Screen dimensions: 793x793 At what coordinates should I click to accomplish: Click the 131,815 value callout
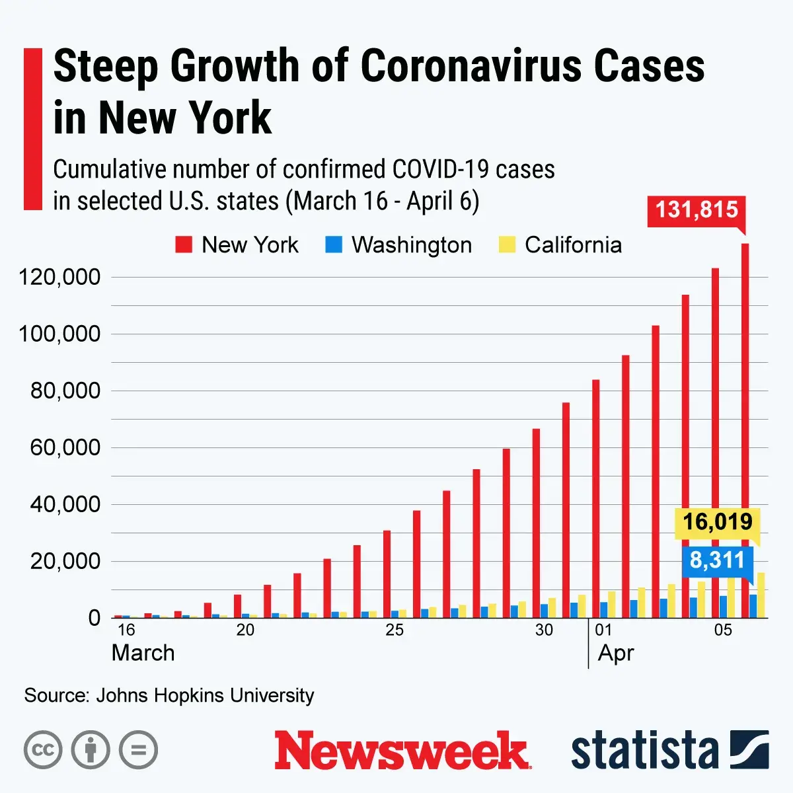[697, 210]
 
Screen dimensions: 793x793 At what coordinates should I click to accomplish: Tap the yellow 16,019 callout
[717, 522]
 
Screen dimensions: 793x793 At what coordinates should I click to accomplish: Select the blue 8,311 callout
[717, 560]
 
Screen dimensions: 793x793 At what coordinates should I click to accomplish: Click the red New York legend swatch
[183, 245]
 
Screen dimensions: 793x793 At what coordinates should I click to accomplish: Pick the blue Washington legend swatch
[334, 245]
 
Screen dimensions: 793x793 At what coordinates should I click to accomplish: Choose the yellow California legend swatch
[506, 245]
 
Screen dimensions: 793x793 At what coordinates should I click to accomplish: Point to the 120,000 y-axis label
[59, 277]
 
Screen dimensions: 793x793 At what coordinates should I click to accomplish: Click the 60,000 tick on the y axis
[65, 447]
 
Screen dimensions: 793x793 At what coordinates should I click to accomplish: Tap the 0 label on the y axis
[94, 618]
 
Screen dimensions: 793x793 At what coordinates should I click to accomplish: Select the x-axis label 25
[395, 630]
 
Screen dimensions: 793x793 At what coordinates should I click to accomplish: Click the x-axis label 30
[544, 630]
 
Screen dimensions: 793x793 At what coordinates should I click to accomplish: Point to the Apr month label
[616, 653]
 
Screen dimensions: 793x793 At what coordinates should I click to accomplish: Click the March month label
[143, 653]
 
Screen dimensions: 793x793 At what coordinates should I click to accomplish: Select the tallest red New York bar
[745, 430]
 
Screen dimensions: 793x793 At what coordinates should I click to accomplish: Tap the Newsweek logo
[402, 751]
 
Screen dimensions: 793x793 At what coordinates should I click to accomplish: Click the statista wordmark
[644, 751]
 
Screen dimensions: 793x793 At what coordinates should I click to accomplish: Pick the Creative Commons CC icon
[43, 750]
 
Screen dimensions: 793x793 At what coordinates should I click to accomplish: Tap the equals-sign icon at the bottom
[138, 750]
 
